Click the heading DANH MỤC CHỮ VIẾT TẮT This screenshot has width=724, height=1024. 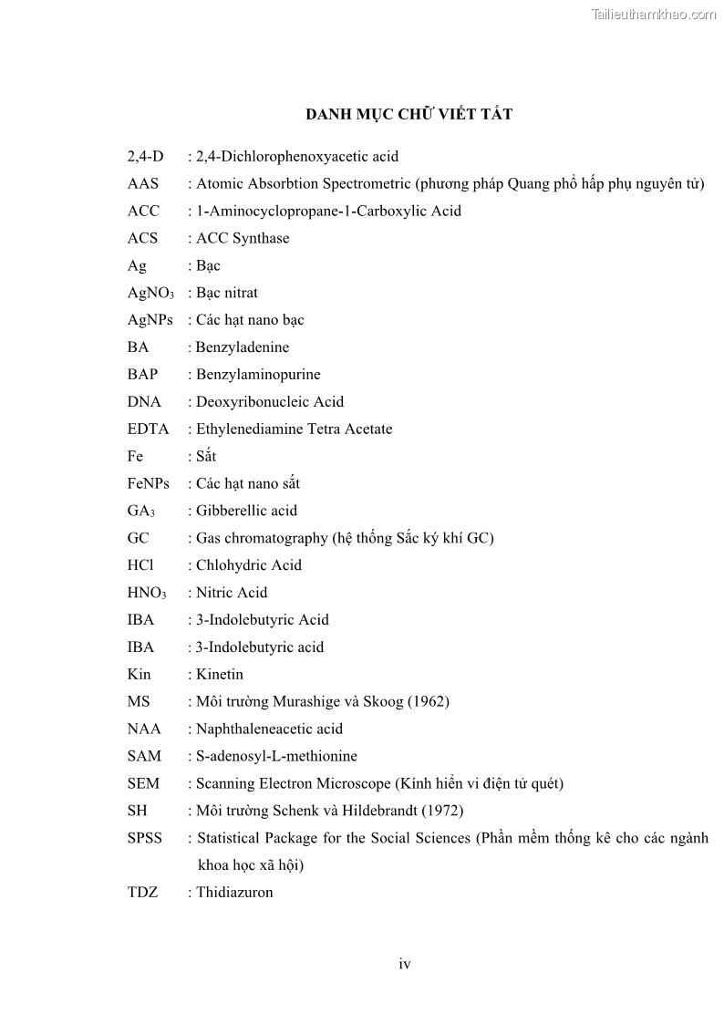coord(408,114)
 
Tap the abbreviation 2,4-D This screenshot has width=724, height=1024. coord(146,157)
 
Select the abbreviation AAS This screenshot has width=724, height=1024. coord(143,184)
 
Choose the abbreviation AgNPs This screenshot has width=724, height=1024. coord(150,320)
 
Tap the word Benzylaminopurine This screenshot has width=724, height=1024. coord(258,375)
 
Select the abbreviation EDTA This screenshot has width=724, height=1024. coord(149,429)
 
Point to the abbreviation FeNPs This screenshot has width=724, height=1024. coord(149,484)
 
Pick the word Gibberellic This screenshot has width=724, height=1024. coord(232,511)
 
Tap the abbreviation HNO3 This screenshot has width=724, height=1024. coord(147,594)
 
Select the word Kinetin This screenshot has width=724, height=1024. coord(220,675)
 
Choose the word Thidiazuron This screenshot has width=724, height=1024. coord(234,893)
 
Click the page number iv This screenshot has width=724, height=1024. coord(404,965)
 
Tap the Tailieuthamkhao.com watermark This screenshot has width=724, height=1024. coord(654,15)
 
